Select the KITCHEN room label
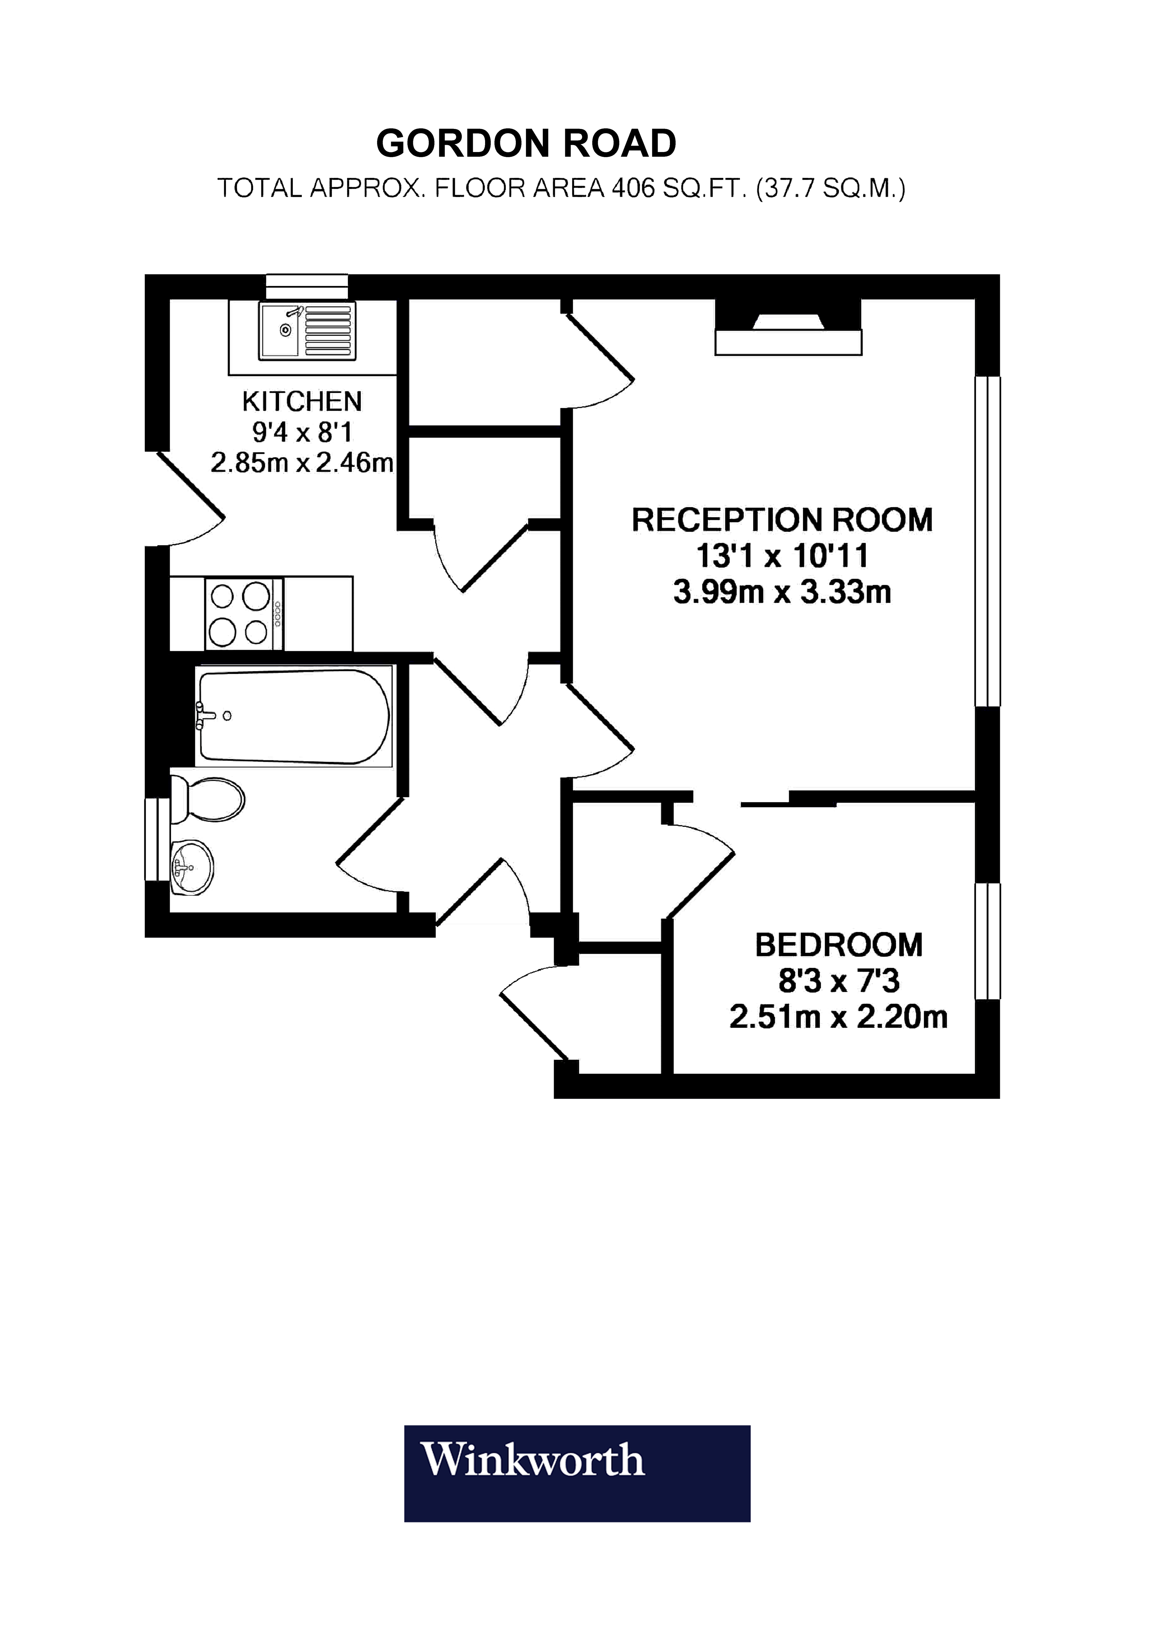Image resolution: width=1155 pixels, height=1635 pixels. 302,402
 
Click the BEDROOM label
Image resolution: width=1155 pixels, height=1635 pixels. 838,945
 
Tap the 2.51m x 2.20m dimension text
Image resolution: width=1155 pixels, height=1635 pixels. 838,1017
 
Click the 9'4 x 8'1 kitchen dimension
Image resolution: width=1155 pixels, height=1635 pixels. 302,432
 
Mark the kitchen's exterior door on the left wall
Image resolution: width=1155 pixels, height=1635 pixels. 187,499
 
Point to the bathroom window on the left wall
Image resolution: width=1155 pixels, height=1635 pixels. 157,840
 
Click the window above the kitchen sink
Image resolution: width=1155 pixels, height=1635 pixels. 307,286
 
